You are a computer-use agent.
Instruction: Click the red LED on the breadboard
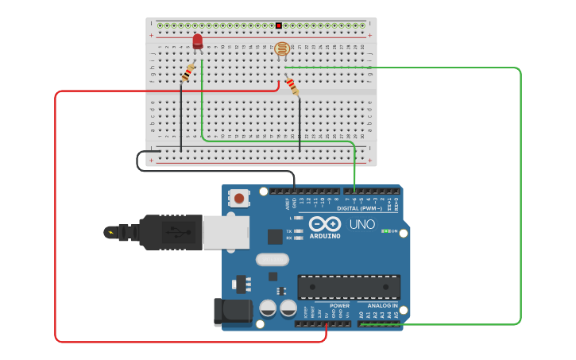[x=198, y=41]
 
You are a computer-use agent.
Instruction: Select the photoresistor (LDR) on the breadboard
[x=282, y=50]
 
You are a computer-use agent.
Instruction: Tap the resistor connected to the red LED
[x=187, y=73]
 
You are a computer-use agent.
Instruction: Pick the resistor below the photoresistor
[x=292, y=86]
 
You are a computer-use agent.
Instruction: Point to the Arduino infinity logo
[x=324, y=224]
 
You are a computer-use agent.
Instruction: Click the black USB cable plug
[x=171, y=232]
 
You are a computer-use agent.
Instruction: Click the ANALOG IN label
[x=382, y=305]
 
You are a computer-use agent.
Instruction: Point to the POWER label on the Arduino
[x=339, y=305]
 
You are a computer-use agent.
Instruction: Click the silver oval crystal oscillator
[x=272, y=259]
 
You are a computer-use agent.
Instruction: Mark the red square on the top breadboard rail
[x=279, y=25]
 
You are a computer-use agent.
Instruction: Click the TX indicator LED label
[x=288, y=230]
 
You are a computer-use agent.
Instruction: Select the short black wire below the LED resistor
[x=181, y=119]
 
